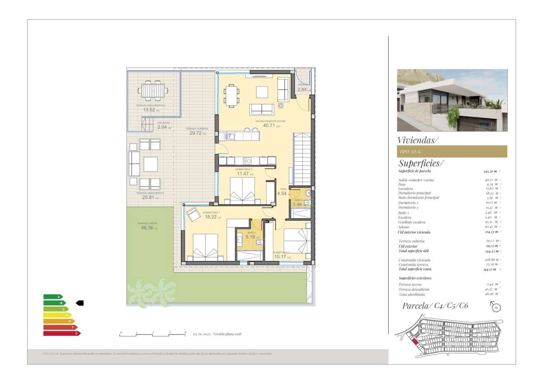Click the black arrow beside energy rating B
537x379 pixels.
point(80,303)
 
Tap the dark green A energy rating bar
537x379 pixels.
point(53,297)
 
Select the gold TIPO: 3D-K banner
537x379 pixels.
point(452,151)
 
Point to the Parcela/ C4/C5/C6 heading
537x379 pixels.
point(435,306)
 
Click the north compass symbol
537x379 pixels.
point(496,307)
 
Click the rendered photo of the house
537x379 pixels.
point(452,100)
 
